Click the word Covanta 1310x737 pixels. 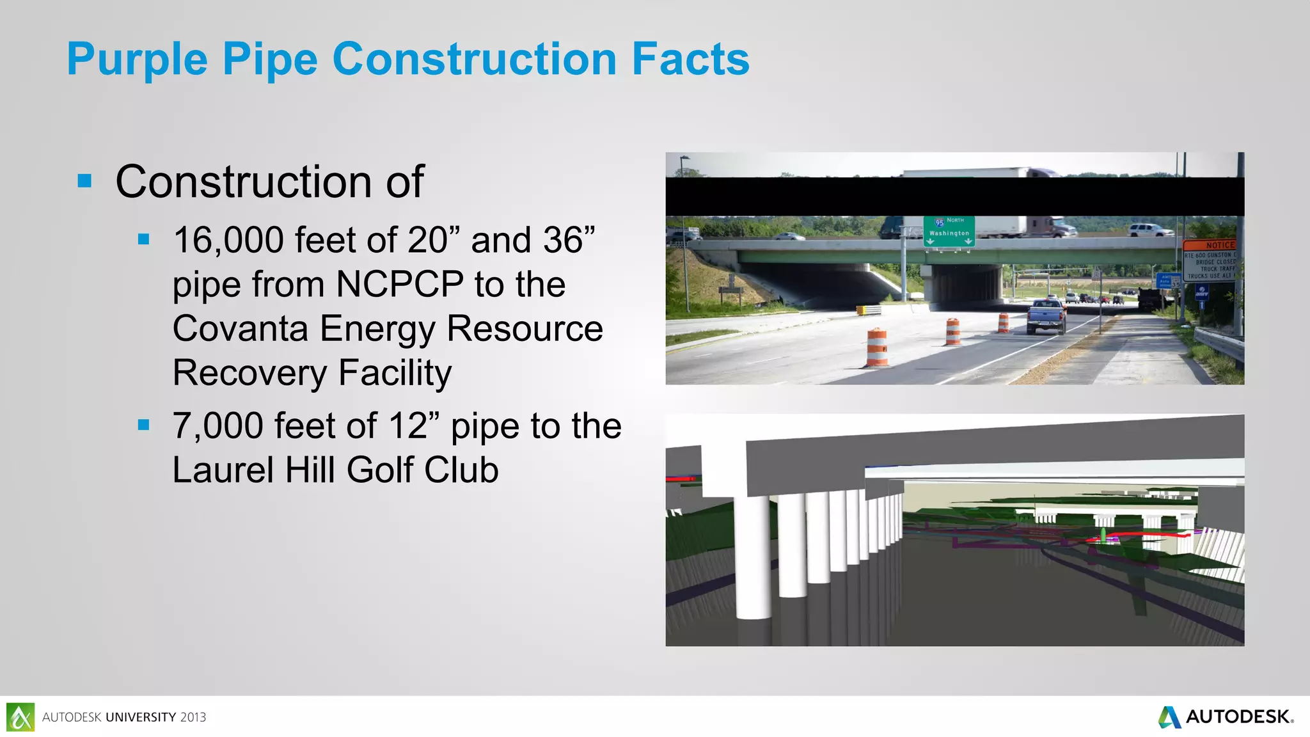pos(241,329)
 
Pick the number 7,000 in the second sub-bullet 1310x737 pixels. pos(217,426)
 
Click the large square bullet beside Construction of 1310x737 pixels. pos(84,181)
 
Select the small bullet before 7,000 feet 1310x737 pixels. pos(144,425)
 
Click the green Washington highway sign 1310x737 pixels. pos(949,231)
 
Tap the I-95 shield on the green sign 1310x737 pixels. pos(939,223)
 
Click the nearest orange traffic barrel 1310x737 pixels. pos(877,348)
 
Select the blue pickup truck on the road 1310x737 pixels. pos(1046,317)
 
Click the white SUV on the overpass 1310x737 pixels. pos(1151,230)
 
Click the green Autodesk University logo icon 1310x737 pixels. pos(20,717)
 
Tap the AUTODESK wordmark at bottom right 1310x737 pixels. pos(1238,717)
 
